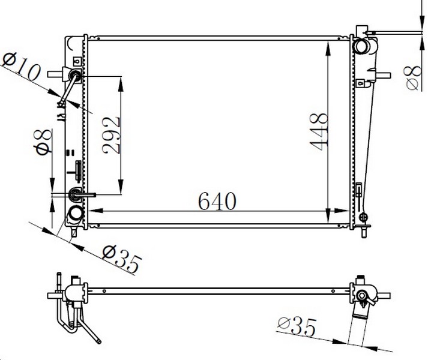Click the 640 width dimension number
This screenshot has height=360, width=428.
(217, 202)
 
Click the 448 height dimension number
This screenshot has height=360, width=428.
(319, 132)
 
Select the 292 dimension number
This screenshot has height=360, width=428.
(111, 136)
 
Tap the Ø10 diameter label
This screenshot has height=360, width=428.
(21, 66)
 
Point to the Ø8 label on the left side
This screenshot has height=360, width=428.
(43, 142)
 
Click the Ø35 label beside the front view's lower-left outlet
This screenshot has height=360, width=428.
(122, 259)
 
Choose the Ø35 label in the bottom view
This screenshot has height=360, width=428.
(297, 326)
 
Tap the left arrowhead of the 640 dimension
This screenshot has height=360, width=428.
(95, 211)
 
